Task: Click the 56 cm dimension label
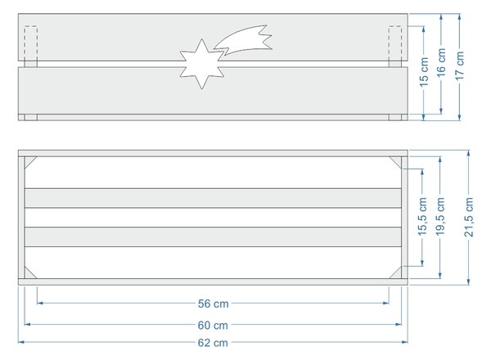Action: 213,304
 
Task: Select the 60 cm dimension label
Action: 213,325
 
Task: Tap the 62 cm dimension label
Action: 213,343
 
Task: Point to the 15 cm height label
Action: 423,72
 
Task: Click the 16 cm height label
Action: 441,63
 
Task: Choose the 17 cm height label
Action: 459,65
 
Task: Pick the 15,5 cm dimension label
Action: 422,217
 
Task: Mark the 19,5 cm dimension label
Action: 440,217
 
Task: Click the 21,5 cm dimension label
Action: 468,217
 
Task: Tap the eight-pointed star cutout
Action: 202,64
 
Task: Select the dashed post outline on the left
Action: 31,44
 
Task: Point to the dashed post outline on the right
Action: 395,44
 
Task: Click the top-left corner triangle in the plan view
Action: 29,160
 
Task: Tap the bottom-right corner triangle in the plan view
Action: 397,274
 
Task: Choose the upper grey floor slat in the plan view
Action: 213,198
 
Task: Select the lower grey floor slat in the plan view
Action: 213,237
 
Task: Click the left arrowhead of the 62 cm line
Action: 20,342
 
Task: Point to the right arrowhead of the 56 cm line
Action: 385,303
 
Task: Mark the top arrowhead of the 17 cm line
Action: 459,16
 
